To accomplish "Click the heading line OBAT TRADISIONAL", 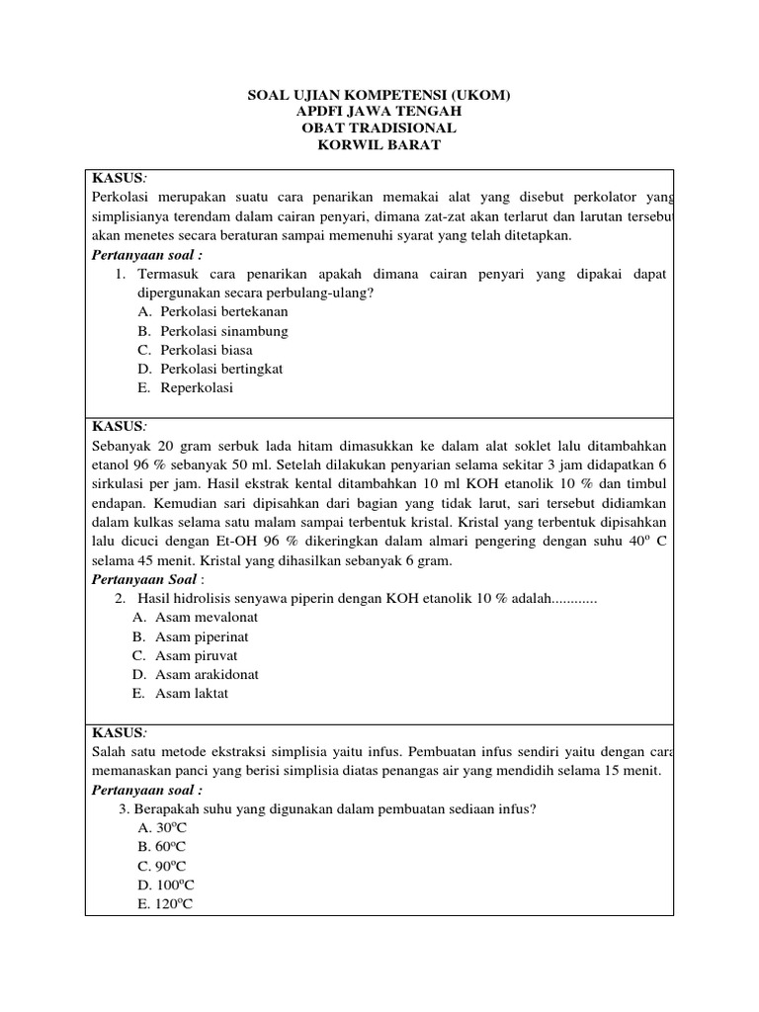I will click(x=379, y=128).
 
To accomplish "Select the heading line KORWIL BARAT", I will click(x=379, y=145).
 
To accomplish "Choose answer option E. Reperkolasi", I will click(x=186, y=387).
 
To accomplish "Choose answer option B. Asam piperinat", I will click(x=189, y=636).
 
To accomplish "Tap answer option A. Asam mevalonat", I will click(x=195, y=618).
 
